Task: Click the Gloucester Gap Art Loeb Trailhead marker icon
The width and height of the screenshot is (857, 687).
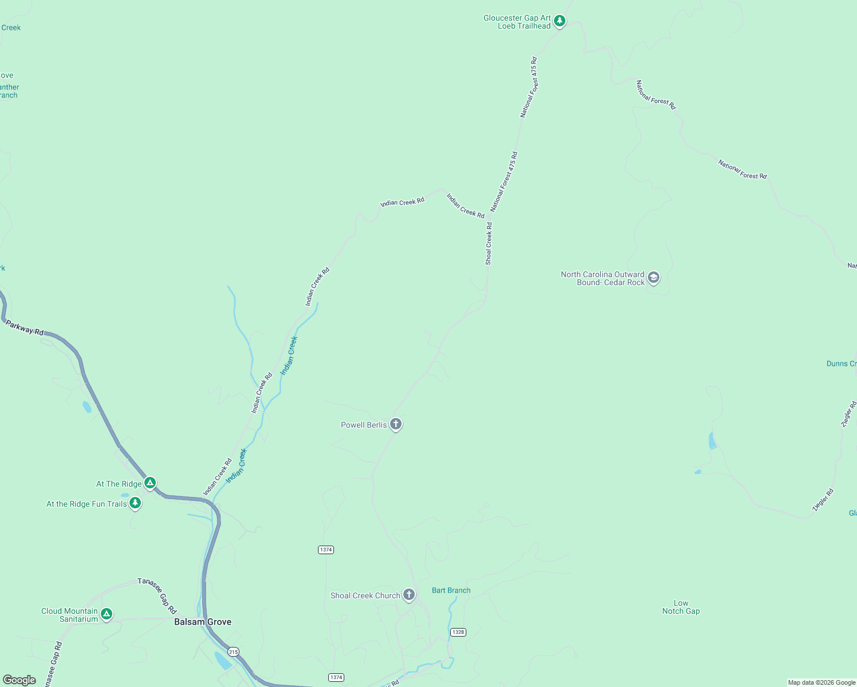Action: [560, 22]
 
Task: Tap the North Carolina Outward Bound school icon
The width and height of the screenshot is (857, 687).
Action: [654, 278]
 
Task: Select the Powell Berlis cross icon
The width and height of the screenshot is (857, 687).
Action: [395, 424]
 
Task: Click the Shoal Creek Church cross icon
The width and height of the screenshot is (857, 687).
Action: [408, 595]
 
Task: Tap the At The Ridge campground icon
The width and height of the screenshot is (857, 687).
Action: [150, 483]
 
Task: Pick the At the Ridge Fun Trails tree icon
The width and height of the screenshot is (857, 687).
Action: [135, 503]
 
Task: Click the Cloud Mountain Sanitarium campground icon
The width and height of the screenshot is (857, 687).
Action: [106, 614]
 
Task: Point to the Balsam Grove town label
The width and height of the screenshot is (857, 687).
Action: [203, 622]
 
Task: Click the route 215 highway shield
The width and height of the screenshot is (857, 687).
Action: [233, 652]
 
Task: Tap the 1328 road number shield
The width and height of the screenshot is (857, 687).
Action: [458, 632]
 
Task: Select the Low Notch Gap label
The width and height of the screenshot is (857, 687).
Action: [681, 607]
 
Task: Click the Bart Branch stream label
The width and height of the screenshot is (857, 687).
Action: [451, 590]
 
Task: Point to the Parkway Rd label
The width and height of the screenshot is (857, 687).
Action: [25, 328]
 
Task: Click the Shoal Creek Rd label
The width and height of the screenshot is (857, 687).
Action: [489, 244]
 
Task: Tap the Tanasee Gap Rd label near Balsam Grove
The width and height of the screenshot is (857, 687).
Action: [157, 596]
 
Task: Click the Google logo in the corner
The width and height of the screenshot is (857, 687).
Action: [19, 680]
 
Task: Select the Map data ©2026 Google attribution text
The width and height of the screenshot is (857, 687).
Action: [821, 682]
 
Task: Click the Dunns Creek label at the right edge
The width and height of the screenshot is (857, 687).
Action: [841, 364]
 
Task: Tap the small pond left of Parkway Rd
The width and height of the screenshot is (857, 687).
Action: [87, 407]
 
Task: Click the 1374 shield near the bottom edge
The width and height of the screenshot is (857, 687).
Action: [336, 677]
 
